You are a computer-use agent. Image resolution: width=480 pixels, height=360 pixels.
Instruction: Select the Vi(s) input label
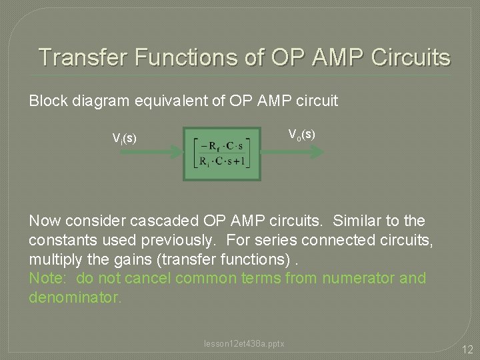(x=125, y=139)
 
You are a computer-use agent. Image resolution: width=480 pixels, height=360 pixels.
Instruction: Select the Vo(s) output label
(x=301, y=134)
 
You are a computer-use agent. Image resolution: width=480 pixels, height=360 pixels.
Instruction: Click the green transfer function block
(x=223, y=153)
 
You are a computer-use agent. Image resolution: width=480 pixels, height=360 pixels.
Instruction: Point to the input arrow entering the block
(x=150, y=153)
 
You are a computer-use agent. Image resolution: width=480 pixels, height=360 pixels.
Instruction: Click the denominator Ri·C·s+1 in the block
(x=222, y=161)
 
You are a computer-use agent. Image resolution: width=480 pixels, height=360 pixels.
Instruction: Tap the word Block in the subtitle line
(x=48, y=101)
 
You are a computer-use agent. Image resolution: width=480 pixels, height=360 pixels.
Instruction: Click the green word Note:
(x=47, y=278)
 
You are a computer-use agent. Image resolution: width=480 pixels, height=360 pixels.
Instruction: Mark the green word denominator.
(x=75, y=297)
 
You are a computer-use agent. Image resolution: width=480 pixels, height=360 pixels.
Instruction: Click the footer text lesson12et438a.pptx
(x=244, y=343)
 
